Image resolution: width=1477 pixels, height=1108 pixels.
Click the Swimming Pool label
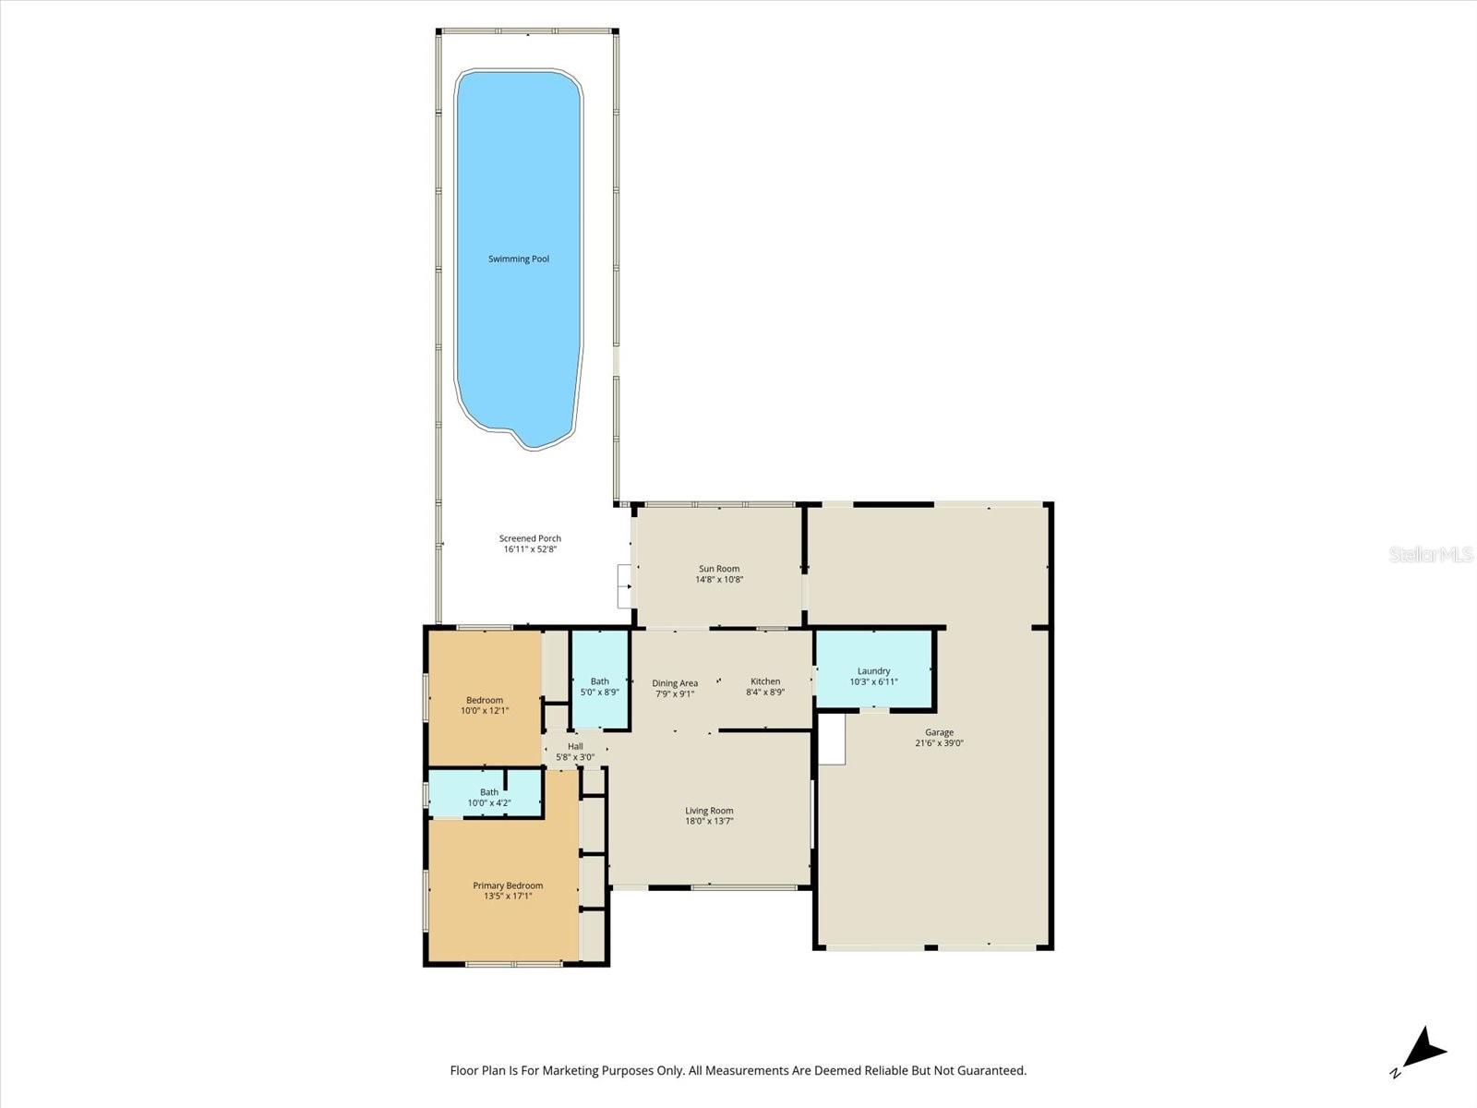(518, 259)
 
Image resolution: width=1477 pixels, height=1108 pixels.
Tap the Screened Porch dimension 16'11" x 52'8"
(530, 549)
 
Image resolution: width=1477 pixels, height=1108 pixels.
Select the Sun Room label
(718, 569)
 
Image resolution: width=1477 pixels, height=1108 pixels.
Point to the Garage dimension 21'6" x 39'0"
(939, 743)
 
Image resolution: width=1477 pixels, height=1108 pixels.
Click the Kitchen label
(764, 681)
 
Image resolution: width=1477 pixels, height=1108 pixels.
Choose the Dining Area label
(675, 683)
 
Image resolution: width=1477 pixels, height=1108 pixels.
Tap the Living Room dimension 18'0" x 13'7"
(709, 821)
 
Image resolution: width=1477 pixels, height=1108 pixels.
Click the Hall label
(575, 746)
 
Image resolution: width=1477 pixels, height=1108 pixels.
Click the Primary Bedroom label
(508, 885)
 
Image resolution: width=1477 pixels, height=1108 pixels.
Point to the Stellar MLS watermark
(1430, 554)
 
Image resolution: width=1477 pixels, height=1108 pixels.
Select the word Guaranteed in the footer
(991, 1071)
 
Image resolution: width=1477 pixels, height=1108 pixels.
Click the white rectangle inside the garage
(832, 739)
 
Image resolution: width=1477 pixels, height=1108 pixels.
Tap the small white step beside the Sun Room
(624, 585)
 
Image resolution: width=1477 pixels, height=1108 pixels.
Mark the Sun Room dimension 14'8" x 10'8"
(718, 580)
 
